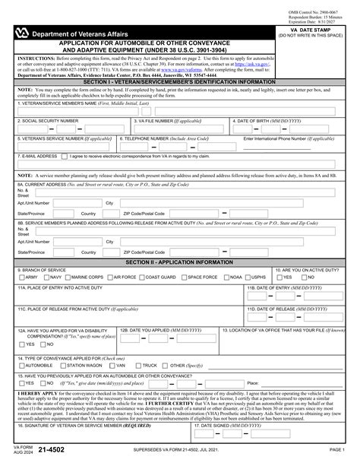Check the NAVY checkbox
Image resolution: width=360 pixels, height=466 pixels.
pos(47,277)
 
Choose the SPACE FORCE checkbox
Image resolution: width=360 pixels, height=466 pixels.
pos(185,277)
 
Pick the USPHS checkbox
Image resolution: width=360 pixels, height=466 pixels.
pos(249,277)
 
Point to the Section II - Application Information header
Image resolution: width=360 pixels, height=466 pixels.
pos(179,262)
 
